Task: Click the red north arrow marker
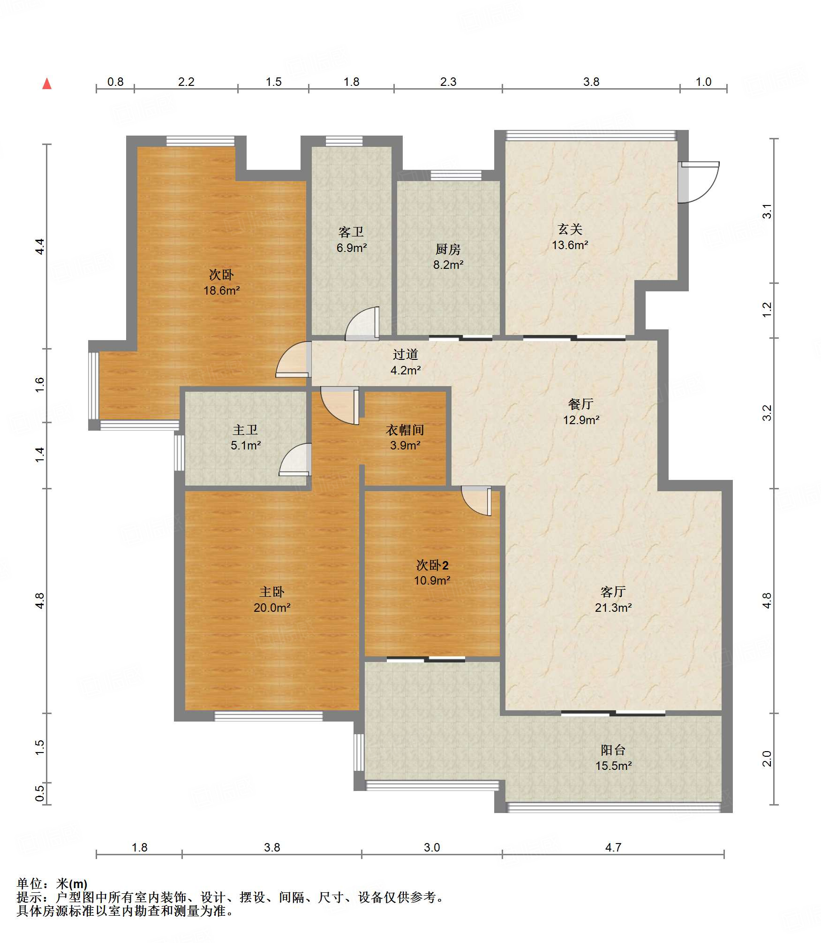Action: [x=47, y=84]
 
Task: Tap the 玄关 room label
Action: [x=570, y=229]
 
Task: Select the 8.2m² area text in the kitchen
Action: [x=448, y=265]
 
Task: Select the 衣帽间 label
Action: [x=405, y=430]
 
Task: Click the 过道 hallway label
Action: [x=405, y=355]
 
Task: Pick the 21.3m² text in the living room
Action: [x=613, y=608]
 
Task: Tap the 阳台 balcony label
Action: [x=613, y=750]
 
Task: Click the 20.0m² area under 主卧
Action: [x=272, y=608]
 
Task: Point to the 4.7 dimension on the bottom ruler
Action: [x=613, y=847]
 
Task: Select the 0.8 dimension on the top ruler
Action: [x=115, y=82]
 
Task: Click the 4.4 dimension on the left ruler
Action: [x=40, y=247]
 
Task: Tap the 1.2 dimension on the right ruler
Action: [x=767, y=310]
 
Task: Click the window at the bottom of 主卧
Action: [x=268, y=716]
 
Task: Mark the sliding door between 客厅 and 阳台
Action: [x=613, y=714]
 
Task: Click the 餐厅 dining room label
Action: [x=580, y=404]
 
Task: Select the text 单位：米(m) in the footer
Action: [x=52, y=884]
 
